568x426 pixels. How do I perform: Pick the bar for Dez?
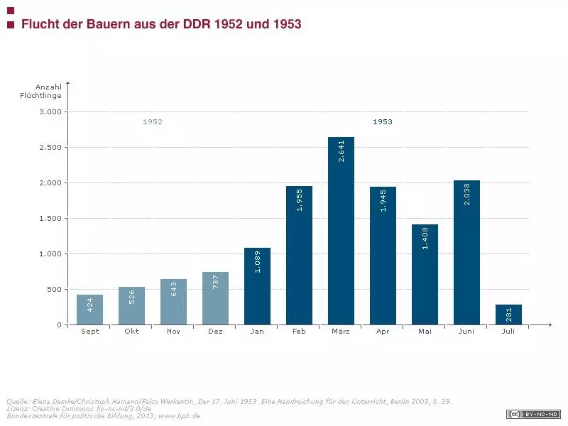tap(215, 298)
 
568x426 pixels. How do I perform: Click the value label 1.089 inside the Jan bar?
tap(258, 261)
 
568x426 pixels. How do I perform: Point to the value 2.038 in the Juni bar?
tap(467, 195)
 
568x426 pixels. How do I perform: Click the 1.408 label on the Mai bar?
tap(425, 238)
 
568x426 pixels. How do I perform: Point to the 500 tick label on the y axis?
tap(54, 290)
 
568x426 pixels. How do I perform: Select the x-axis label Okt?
tap(131, 331)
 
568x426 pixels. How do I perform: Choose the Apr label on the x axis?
tap(383, 331)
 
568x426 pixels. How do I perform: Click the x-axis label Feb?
tap(299, 331)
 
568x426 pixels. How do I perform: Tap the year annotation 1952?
tap(153, 122)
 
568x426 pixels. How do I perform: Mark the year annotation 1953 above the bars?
tap(383, 122)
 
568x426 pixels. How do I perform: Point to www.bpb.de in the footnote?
tap(183, 416)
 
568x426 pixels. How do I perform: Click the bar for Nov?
tap(173, 302)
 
